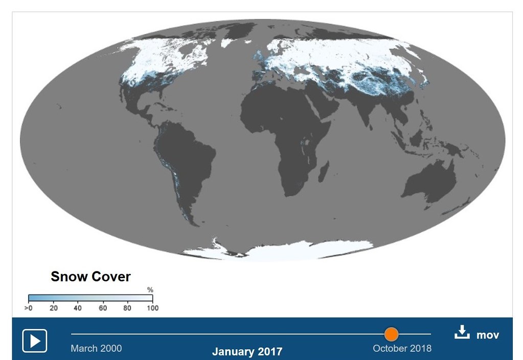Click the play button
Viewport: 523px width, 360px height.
coord(35,341)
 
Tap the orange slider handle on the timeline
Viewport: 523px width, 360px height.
coord(391,334)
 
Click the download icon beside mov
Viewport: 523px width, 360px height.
coord(462,333)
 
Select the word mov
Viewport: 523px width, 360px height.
coord(488,335)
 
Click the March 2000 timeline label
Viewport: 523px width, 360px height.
coord(96,348)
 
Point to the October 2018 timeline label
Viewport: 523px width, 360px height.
coord(402,348)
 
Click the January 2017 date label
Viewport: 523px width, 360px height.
coord(247,352)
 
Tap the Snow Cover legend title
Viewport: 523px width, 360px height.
coord(90,277)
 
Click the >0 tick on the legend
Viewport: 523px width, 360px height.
coord(29,308)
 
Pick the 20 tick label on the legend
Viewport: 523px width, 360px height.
coord(53,308)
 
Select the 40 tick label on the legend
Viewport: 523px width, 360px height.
coord(78,308)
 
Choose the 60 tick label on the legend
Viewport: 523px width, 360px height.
coord(103,308)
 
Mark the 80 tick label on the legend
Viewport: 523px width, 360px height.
coord(127,308)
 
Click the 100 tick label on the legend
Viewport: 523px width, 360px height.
coord(152,308)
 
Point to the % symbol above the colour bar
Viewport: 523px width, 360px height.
coord(150,290)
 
